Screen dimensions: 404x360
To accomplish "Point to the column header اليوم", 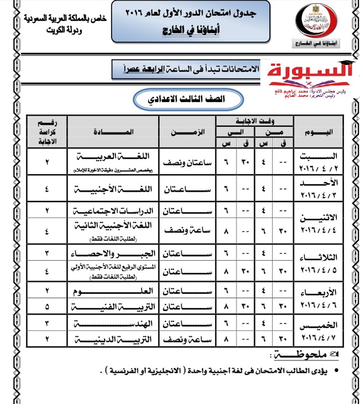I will click(319, 132).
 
